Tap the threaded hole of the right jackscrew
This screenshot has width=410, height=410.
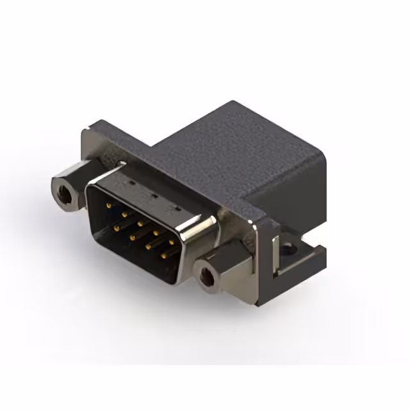click(x=207, y=277)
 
